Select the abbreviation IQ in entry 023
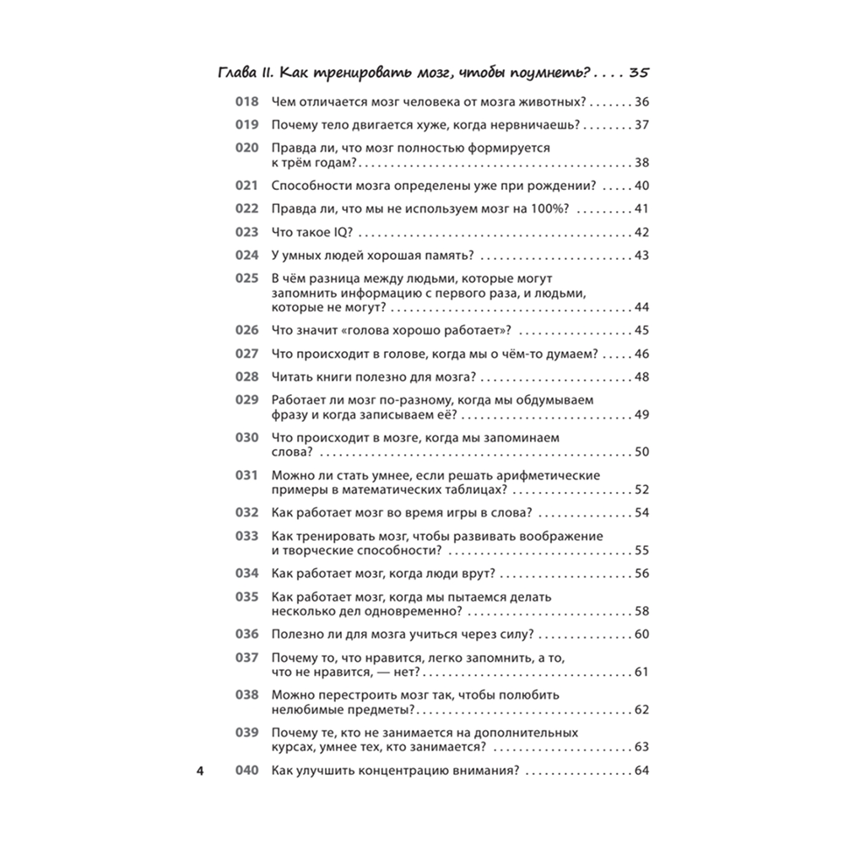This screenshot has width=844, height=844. (344, 232)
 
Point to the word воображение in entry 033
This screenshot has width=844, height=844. (560, 536)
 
